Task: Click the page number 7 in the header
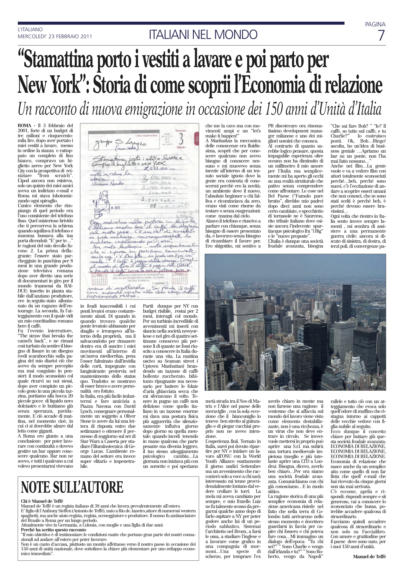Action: pyautogui.click(x=381, y=36)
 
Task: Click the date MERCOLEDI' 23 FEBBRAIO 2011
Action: pyautogui.click(x=55, y=37)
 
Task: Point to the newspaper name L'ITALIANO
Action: pyautogui.click(x=30, y=30)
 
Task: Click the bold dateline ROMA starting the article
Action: pyautogui.click(x=24, y=125)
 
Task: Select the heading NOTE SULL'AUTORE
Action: pyautogui.click(x=72, y=487)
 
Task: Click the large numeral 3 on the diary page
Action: pyautogui.click(x=181, y=140)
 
